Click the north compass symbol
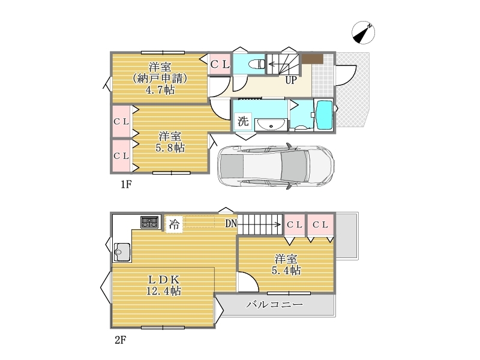tap(364, 32)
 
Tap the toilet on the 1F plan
tap(257, 64)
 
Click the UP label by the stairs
tap(291, 80)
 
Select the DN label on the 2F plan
tap(231, 224)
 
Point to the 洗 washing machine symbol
tap(243, 121)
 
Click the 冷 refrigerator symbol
tap(174, 224)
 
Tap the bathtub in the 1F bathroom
tap(323, 115)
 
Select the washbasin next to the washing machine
tap(271, 125)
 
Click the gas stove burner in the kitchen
tap(149, 222)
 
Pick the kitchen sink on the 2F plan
tap(122, 252)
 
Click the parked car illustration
tap(275, 166)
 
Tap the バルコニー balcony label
tap(275, 304)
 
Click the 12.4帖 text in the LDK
tap(163, 290)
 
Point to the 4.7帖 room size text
tap(160, 90)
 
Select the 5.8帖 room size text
tap(170, 148)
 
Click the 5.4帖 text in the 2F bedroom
tap(286, 271)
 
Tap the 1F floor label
tap(126, 184)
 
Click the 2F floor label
tap(121, 340)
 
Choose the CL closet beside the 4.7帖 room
tap(220, 64)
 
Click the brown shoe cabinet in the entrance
tap(313, 59)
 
